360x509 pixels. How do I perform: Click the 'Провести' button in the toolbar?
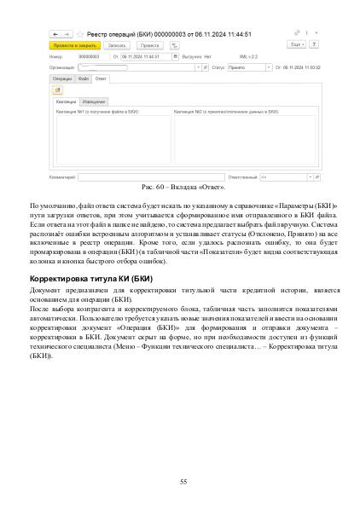coord(149,45)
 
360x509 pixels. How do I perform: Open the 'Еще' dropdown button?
coord(296,44)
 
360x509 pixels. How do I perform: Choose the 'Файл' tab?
coord(84,78)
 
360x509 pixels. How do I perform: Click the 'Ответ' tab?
coord(102,78)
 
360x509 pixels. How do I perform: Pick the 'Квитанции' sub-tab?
coord(65,101)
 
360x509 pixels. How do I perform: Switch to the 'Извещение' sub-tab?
coord(94,101)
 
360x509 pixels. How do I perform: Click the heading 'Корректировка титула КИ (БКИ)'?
coord(91,279)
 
